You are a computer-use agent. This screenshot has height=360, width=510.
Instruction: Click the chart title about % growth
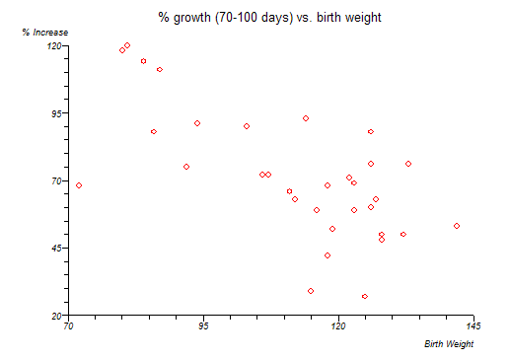click(x=269, y=17)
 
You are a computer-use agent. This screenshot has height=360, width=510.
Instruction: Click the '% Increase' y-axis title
click(x=45, y=33)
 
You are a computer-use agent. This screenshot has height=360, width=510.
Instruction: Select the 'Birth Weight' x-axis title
click(x=449, y=344)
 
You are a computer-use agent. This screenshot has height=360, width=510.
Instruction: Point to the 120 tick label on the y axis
click(x=54, y=45)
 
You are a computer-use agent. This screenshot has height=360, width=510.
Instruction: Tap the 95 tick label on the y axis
click(x=56, y=113)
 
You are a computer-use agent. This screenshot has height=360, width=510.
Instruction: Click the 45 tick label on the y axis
click(x=56, y=248)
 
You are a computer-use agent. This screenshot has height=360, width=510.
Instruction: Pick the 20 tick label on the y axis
click(x=56, y=316)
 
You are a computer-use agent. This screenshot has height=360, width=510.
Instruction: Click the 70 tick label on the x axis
click(x=68, y=326)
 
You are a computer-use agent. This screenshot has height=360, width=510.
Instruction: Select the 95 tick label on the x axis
click(x=203, y=326)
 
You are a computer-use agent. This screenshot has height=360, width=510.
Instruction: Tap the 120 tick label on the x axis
click(x=338, y=326)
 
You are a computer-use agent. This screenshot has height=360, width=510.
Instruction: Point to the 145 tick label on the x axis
click(x=474, y=326)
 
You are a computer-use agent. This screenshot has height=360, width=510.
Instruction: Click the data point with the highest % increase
click(x=127, y=45)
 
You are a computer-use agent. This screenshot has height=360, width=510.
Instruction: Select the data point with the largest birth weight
click(x=457, y=226)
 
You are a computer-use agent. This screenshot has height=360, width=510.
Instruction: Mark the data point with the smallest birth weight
click(x=79, y=185)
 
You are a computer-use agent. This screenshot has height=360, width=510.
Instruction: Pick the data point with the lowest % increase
click(x=365, y=296)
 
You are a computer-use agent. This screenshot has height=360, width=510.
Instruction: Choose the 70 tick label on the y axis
click(x=56, y=180)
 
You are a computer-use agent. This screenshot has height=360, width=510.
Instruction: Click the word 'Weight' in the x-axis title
click(x=460, y=344)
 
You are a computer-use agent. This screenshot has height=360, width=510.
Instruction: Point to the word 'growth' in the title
click(x=192, y=18)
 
